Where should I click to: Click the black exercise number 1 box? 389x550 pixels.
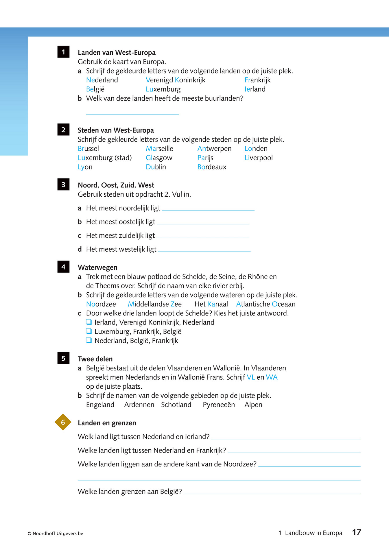point(63,52)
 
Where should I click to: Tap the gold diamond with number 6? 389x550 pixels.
point(63,422)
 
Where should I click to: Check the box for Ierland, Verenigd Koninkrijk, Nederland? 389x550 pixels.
point(89,322)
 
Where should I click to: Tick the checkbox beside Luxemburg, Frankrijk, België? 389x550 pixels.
point(89,331)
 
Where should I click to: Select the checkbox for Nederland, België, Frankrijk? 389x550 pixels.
point(89,340)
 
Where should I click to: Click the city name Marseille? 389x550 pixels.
point(159,149)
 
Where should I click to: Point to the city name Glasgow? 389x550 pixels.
point(159,158)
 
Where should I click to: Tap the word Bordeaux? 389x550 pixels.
point(212,167)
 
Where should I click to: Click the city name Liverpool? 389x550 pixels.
point(258,158)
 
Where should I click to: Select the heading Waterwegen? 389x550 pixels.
point(97,267)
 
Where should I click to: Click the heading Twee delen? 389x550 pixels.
point(95,359)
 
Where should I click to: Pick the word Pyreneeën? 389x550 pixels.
point(219,405)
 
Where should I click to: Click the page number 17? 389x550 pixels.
point(356,532)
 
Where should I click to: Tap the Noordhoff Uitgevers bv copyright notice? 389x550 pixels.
point(55,534)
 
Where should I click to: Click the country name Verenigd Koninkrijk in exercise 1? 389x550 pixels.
point(176,80)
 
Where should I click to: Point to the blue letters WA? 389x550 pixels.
point(272,377)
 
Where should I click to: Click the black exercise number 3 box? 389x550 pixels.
point(63,184)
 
